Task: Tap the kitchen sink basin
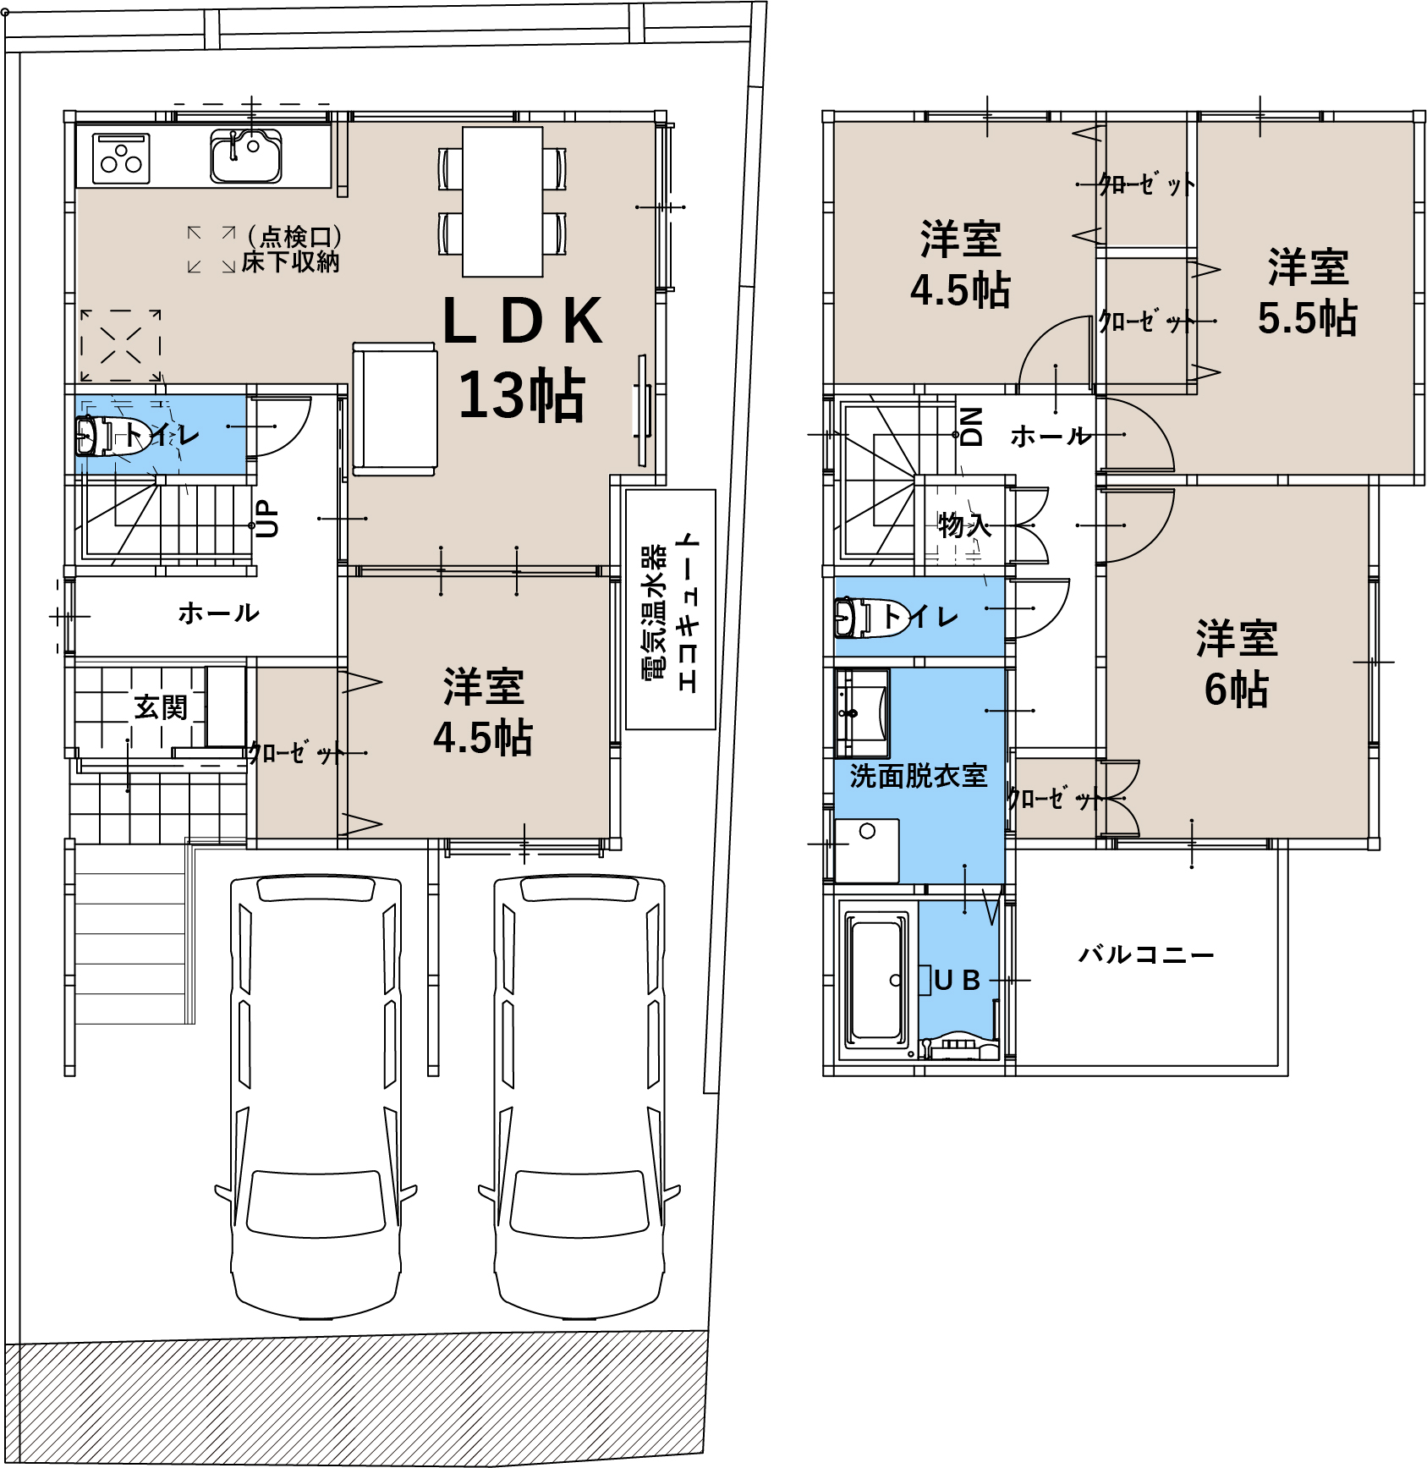(x=245, y=156)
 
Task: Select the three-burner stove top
(x=122, y=158)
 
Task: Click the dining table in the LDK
(x=502, y=201)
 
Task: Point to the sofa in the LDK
(x=394, y=408)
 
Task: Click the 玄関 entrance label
(x=161, y=707)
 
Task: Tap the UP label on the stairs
(x=266, y=518)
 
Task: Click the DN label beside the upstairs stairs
(x=973, y=426)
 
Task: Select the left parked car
(x=316, y=1096)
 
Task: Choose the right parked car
(x=579, y=1096)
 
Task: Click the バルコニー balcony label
(x=1146, y=955)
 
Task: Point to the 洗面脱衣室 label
(x=919, y=776)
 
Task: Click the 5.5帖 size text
(x=1307, y=319)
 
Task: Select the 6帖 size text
(x=1237, y=690)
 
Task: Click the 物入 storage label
(x=964, y=525)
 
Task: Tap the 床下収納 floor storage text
(x=290, y=262)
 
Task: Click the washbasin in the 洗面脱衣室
(x=862, y=713)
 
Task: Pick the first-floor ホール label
(x=218, y=613)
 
